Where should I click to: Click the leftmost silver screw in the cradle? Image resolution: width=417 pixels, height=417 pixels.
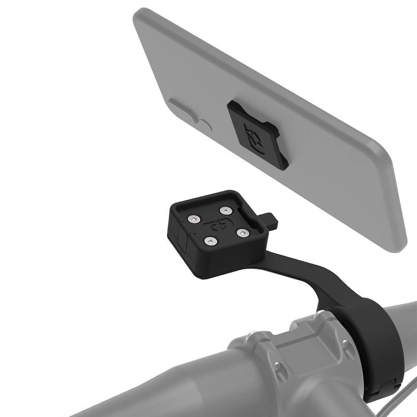point(193,219)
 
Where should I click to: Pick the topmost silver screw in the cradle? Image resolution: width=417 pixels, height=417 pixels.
point(226,210)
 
